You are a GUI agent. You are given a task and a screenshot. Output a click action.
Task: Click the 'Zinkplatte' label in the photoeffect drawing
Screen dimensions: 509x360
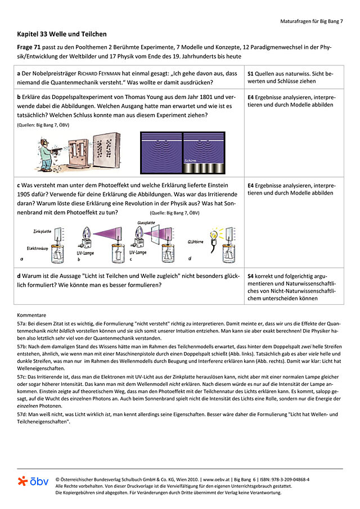click(43, 231)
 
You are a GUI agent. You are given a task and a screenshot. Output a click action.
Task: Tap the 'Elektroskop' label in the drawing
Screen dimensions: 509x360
click(38, 247)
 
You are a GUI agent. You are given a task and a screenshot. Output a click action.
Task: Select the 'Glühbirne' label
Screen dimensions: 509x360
click(197, 242)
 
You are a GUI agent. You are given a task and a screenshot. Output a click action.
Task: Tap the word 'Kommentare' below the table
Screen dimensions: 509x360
click(31, 316)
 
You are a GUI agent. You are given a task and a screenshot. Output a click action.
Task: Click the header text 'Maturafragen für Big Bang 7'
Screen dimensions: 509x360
click(311, 21)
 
